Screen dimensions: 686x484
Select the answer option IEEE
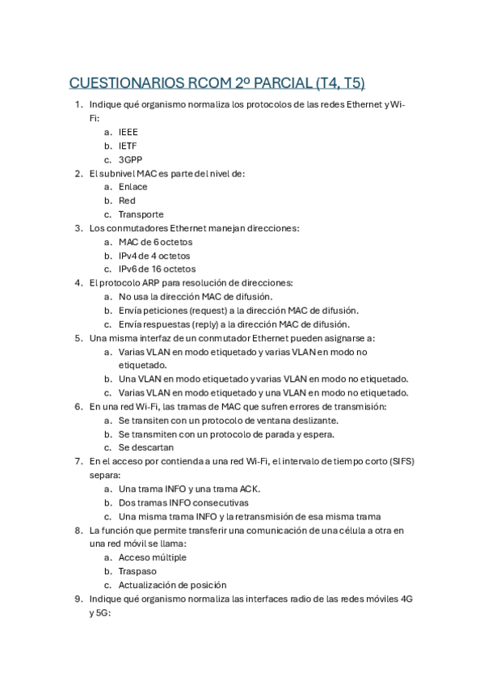128,132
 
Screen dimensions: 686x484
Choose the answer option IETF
128,146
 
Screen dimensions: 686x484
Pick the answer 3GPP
131,159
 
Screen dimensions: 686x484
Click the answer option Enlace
133,187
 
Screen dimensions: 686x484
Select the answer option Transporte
141,214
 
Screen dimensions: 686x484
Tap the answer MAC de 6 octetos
155,242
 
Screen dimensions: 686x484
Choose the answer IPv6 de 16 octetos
157,269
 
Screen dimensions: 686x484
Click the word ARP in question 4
148,283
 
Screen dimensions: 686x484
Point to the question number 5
78,338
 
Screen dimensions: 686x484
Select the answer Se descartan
146,447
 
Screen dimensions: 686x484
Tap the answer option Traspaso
137,571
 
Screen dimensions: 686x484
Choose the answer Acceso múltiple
153,557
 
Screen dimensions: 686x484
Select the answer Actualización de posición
172,585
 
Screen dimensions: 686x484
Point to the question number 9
78,599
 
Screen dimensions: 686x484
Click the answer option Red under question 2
127,201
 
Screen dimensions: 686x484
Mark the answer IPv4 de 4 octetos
154,256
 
